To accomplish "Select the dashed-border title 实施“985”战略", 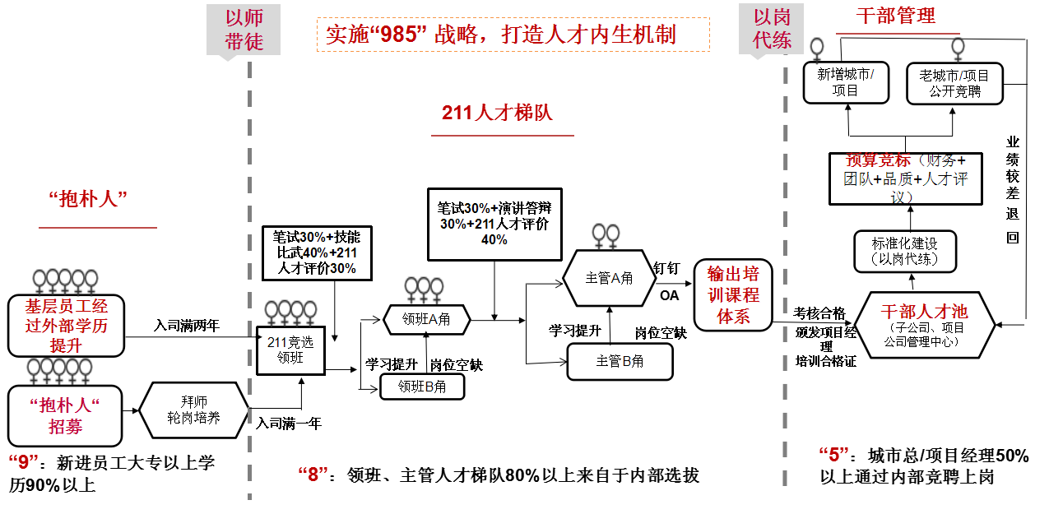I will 513,35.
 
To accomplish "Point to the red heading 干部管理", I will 895,16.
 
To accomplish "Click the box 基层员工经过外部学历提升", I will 66,326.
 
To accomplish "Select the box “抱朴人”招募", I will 65,415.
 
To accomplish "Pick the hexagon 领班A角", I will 425,320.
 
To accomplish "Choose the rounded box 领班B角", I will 422,386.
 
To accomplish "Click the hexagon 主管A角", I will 609,278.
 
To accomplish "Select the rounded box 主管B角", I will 620,361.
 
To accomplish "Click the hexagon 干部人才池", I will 924,324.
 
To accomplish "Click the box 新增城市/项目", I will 846,83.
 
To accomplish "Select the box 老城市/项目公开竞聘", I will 954,83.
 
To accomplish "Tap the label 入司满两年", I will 187,325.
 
